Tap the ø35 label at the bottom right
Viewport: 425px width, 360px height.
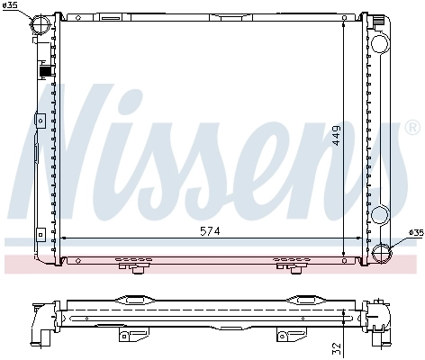[x=414, y=233]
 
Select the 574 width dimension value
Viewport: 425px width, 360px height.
[x=208, y=231]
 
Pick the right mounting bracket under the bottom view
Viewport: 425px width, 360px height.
[x=286, y=336]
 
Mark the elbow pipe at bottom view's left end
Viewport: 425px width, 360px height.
[x=39, y=319]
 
